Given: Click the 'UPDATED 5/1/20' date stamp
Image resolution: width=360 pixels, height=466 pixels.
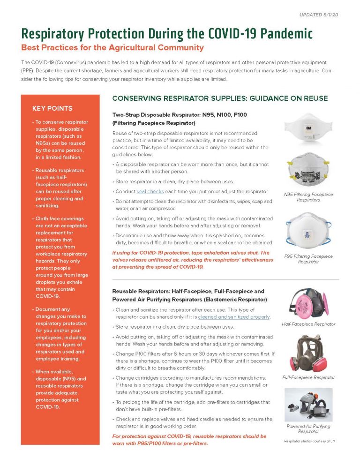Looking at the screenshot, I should pyautogui.click(x=318, y=15).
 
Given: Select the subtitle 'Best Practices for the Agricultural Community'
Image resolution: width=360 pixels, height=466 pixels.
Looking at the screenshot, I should pyautogui.click(x=112, y=47).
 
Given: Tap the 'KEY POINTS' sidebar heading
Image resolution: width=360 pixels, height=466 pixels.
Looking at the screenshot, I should pyautogui.click(x=52, y=108).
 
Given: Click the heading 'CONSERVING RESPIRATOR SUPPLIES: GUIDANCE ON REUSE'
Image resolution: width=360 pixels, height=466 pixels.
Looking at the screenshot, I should pyautogui.click(x=220, y=98).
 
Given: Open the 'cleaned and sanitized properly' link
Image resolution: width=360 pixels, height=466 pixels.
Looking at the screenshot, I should pyautogui.click(x=234, y=317).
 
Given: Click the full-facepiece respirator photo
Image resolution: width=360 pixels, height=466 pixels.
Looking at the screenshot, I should pyautogui.click(x=308, y=353).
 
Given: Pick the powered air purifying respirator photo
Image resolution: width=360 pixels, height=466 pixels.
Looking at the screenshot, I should pyautogui.click(x=308, y=404).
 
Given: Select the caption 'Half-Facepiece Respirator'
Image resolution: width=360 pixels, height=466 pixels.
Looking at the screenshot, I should pyautogui.click(x=308, y=324).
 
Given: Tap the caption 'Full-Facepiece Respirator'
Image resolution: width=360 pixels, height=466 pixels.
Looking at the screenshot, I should pyautogui.click(x=308, y=377).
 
